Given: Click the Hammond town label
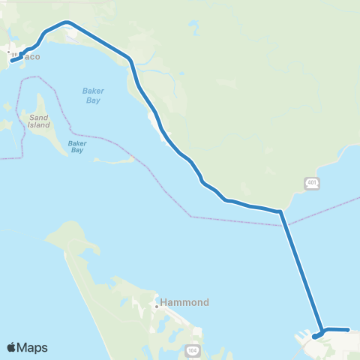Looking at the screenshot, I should [x=183, y=303].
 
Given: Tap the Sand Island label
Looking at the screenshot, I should [x=38, y=122].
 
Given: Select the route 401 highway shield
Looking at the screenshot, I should [x=313, y=183].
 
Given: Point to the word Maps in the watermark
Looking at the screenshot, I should [x=34, y=347].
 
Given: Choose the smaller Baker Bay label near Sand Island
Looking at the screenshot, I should [x=76, y=146].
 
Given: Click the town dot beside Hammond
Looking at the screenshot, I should [x=156, y=306].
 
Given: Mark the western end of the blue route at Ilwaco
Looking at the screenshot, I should [x=12, y=61].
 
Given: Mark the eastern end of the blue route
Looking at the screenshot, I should [x=349, y=329].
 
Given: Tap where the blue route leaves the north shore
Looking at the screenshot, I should [x=280, y=211].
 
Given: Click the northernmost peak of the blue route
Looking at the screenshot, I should [x=67, y=22].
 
